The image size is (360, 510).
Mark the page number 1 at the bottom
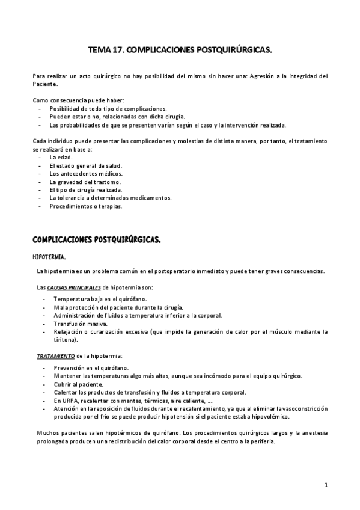click(x=325, y=484)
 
